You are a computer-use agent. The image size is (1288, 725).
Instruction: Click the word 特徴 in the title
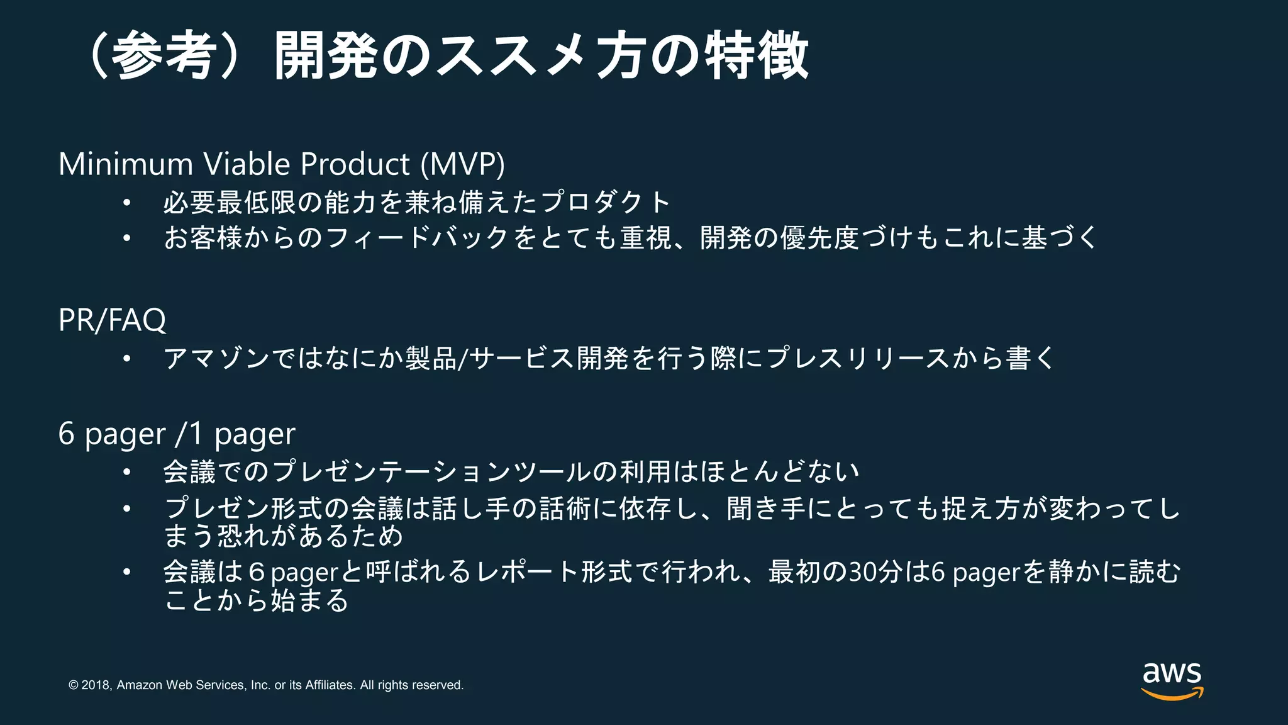click(x=757, y=56)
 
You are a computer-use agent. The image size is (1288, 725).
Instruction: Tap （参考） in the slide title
click(x=165, y=56)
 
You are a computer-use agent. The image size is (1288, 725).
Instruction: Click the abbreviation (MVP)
click(x=462, y=164)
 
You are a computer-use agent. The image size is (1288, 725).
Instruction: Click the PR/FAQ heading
click(x=112, y=320)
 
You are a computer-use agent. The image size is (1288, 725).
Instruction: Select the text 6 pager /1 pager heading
click(x=177, y=434)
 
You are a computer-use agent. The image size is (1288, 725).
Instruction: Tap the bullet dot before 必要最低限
click(x=127, y=203)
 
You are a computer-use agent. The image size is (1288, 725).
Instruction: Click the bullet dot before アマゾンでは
click(x=127, y=359)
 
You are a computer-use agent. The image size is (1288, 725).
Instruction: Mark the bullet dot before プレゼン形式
click(x=127, y=509)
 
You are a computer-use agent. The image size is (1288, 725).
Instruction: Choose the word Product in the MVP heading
click(x=355, y=164)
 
